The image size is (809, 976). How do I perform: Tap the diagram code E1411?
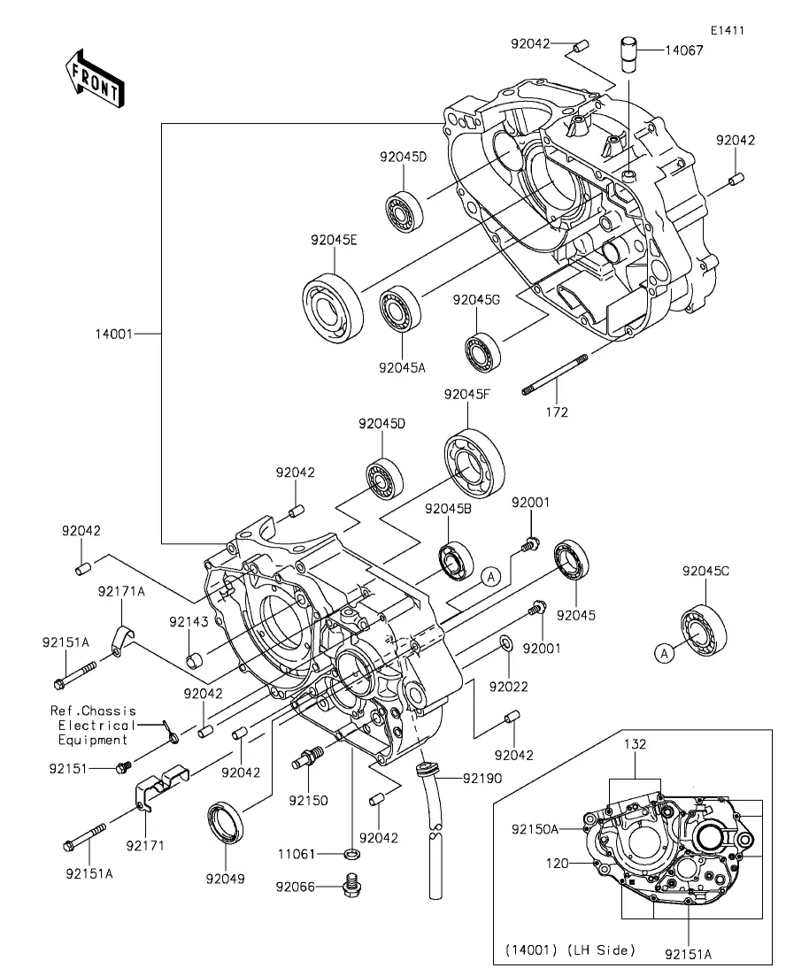click(x=728, y=30)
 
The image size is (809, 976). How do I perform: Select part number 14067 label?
click(x=684, y=50)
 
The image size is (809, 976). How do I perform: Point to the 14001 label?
click(x=114, y=334)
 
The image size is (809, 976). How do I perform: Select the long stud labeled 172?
click(x=554, y=374)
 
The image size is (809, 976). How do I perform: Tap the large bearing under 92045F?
click(x=474, y=463)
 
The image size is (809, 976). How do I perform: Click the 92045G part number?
click(x=476, y=300)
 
